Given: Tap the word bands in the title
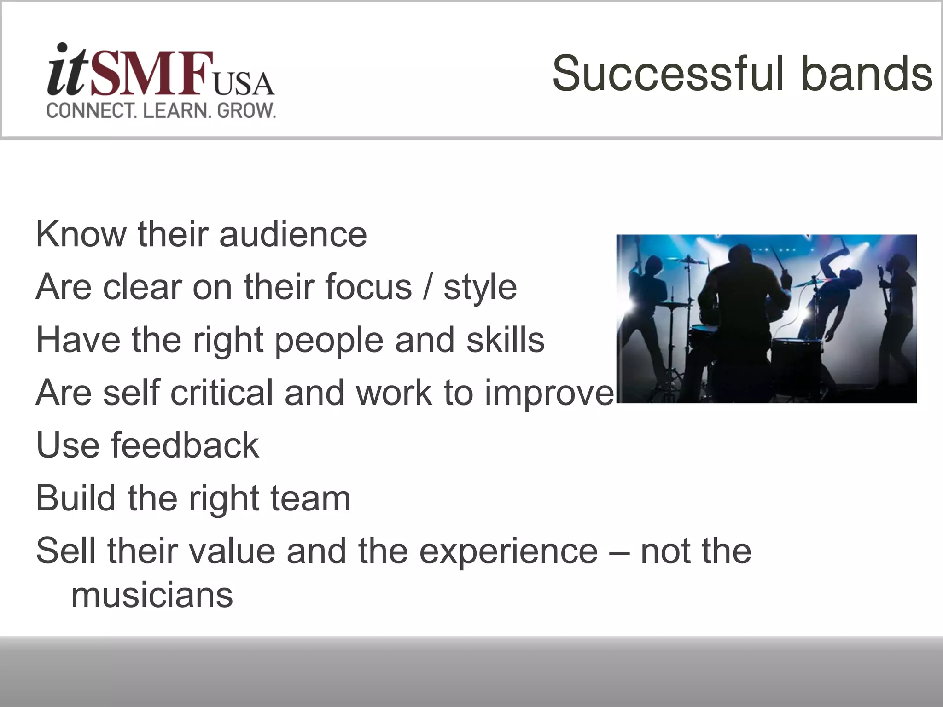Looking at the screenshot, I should [867, 74].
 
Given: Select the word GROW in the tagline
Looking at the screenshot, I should [246, 111].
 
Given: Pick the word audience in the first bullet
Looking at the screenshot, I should [293, 234].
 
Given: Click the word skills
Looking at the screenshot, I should [506, 340].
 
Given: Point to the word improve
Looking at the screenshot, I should [549, 393].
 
